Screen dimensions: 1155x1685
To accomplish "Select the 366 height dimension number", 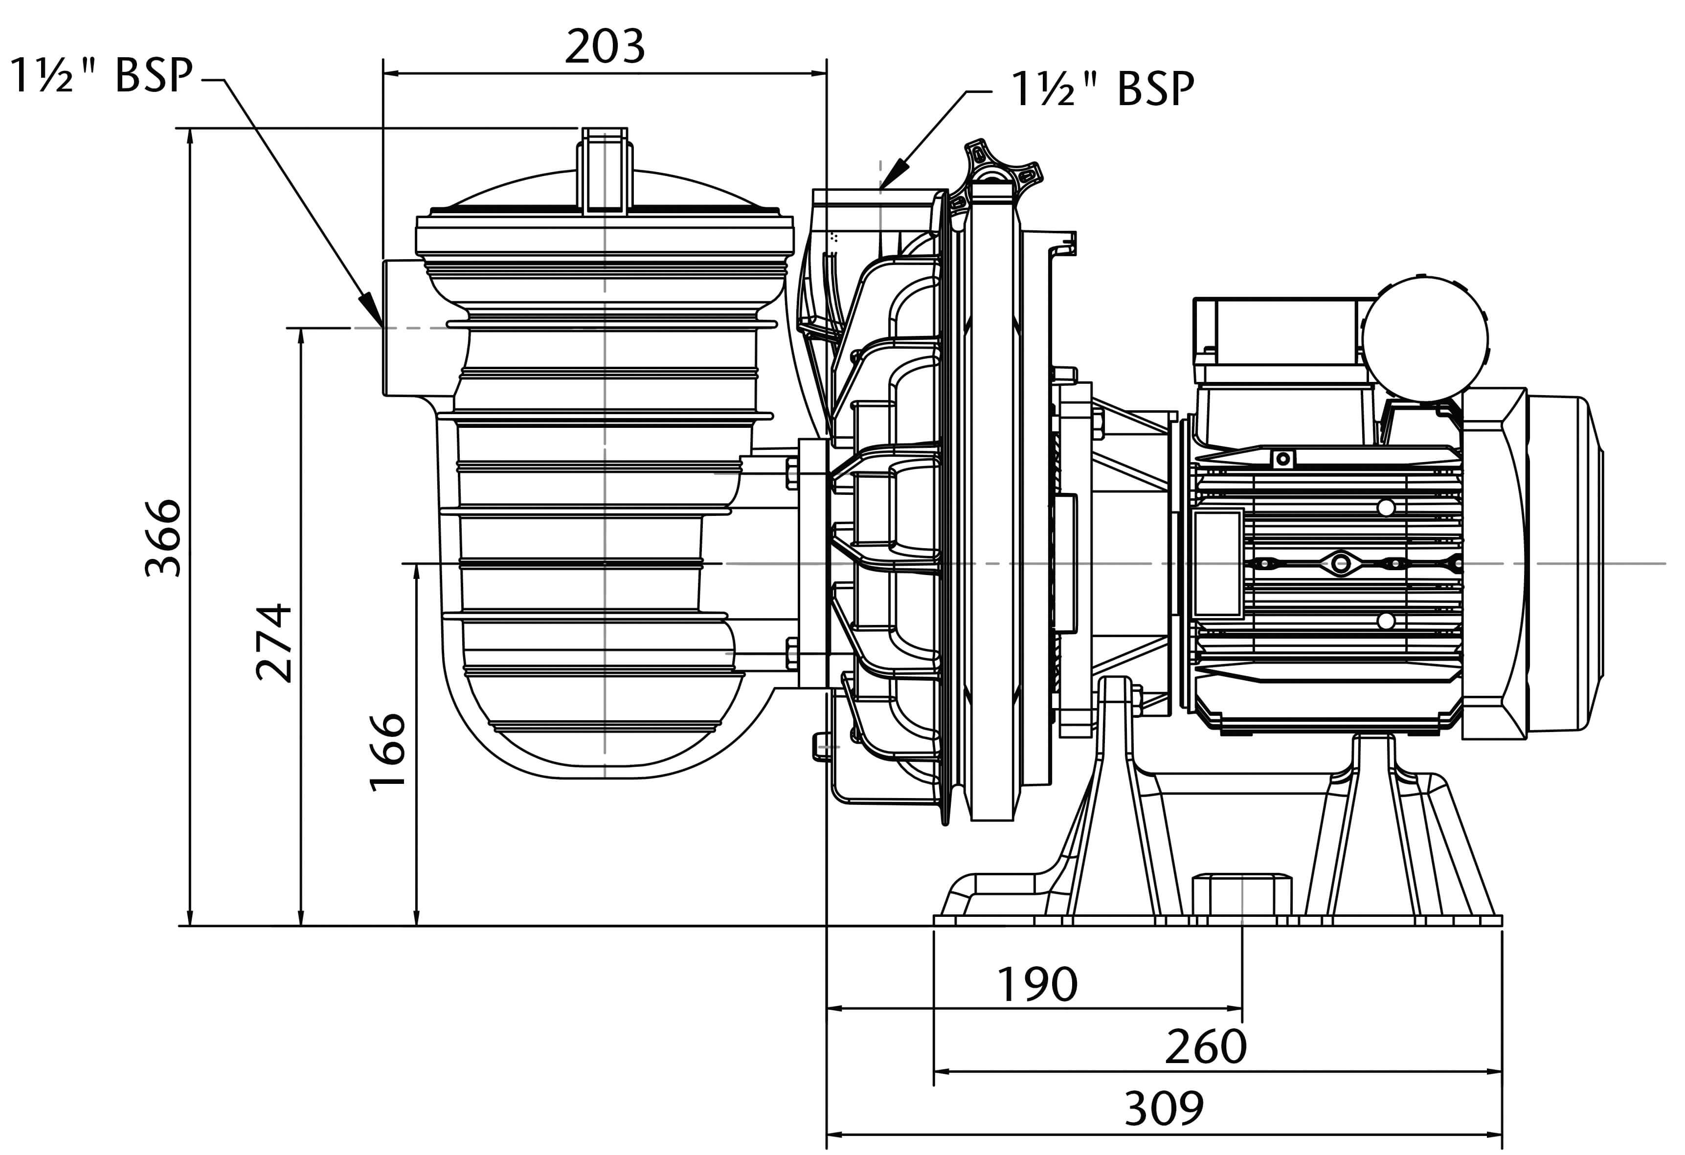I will pos(163,537).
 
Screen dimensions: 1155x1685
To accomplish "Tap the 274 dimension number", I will pos(275,643).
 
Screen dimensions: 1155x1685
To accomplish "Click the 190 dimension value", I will pos(1037,985).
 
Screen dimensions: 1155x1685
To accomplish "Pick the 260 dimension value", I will pos(1206,1047).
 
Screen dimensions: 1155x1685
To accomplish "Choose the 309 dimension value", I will pos(1164,1109).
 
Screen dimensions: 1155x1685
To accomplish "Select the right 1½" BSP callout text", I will pos(1102,89).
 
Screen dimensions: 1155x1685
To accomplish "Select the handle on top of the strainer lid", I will pos(604,170).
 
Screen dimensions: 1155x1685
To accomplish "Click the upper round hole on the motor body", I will pos(1386,508).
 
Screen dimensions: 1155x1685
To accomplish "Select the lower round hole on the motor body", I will pos(1386,621).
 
